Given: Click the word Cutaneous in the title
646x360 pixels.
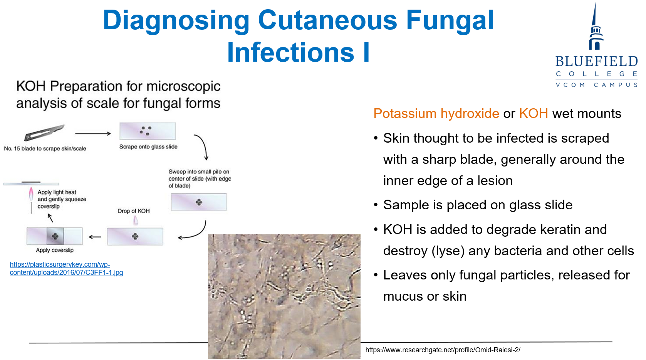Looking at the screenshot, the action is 327,20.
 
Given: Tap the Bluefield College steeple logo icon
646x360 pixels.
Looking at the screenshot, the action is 596,27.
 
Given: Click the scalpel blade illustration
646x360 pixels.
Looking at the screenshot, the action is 44,133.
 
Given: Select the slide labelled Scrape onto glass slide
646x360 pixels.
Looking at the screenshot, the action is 148,131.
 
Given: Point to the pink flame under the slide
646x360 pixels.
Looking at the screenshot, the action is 31,194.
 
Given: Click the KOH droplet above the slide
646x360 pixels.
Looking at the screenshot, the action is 135,221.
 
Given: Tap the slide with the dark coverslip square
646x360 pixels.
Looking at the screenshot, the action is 54,236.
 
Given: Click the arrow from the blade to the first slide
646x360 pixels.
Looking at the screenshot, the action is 93,134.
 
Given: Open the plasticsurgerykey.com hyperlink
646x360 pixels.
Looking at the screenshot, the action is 66,269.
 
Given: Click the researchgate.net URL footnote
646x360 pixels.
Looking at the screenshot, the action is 443,350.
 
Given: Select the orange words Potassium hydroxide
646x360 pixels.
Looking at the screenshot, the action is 436,113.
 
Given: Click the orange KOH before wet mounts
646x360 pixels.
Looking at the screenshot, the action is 534,113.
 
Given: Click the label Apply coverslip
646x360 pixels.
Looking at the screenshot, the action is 54,251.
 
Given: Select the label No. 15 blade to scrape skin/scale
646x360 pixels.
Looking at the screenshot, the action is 45,148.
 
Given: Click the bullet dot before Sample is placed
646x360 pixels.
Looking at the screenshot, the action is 376,205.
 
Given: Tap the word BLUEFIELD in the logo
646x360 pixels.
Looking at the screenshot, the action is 596,61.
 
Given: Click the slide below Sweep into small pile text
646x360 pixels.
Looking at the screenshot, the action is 199,202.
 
